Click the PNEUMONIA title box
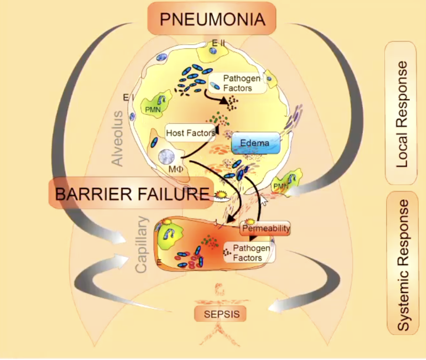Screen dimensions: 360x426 pos(211,19)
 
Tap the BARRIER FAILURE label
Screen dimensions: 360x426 pos(129,193)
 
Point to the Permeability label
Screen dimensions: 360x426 pos(266,229)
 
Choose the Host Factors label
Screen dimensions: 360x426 pos(190,133)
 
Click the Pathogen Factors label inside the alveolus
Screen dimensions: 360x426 pos(237,84)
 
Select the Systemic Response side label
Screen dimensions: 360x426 pos(402,263)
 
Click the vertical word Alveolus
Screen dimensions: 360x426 pos(118,138)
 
